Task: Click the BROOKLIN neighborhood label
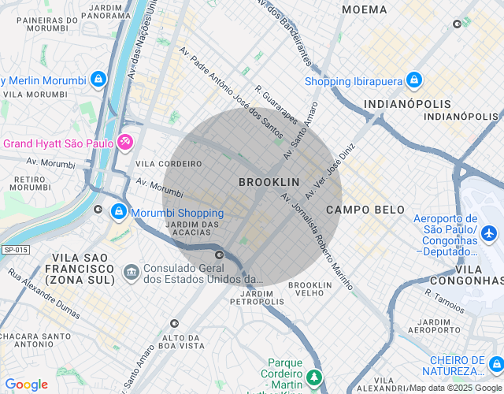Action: pyautogui.click(x=269, y=182)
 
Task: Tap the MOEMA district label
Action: pyautogui.click(x=365, y=9)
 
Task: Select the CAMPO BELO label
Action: pyautogui.click(x=365, y=210)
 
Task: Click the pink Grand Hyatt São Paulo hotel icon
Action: pyautogui.click(x=124, y=143)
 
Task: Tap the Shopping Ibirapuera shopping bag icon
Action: pyautogui.click(x=414, y=80)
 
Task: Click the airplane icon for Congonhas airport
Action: pyautogui.click(x=489, y=233)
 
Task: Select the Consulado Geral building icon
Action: pyautogui.click(x=131, y=272)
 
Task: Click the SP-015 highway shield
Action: pyautogui.click(x=15, y=250)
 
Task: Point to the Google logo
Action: pyautogui.click(x=26, y=385)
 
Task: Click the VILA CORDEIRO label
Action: pyautogui.click(x=169, y=164)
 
